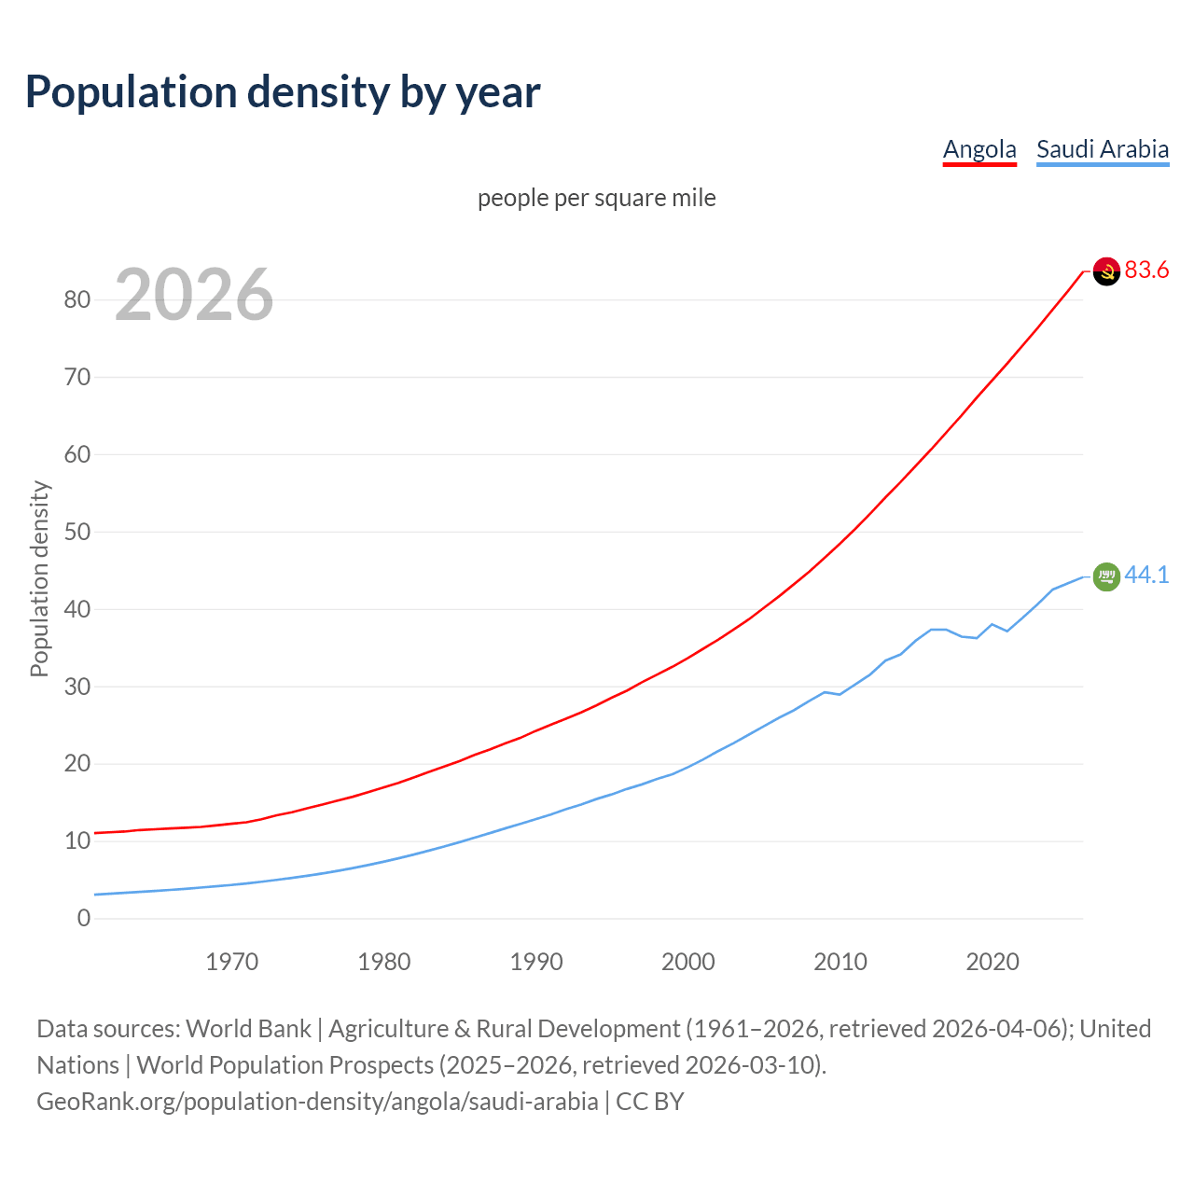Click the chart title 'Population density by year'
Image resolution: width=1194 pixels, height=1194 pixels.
click(x=283, y=92)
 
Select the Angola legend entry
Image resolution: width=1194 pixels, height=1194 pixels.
click(x=979, y=149)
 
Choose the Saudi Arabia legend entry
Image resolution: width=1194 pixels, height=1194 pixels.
click(x=1103, y=149)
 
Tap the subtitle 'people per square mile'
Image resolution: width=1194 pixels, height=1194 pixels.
click(x=597, y=198)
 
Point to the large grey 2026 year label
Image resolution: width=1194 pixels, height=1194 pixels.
click(x=194, y=295)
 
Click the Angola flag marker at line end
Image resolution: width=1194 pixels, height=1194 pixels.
click(x=1106, y=271)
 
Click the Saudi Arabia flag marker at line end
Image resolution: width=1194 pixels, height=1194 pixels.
click(x=1106, y=577)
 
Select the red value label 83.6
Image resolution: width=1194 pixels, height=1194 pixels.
click(x=1146, y=270)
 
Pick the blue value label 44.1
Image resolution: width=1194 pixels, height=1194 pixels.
click(x=1146, y=576)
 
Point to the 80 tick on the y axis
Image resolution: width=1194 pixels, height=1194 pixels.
click(x=77, y=299)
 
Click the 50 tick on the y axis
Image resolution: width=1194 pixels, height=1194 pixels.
click(x=77, y=532)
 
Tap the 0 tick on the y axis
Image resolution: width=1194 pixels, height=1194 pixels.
click(x=84, y=918)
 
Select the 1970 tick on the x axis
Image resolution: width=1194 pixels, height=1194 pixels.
click(x=232, y=962)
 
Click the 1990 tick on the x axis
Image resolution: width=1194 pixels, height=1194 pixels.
click(x=536, y=962)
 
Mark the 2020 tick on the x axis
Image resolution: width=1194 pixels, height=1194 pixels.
click(x=993, y=962)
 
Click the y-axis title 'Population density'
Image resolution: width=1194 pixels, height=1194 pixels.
click(x=39, y=578)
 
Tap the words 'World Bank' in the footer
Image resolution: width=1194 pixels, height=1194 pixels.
click(x=248, y=1029)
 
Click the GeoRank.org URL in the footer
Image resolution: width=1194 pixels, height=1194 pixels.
click(x=317, y=1102)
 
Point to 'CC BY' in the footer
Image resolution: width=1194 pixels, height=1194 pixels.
click(x=650, y=1102)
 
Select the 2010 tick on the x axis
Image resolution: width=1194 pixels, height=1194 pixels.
click(x=840, y=962)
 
